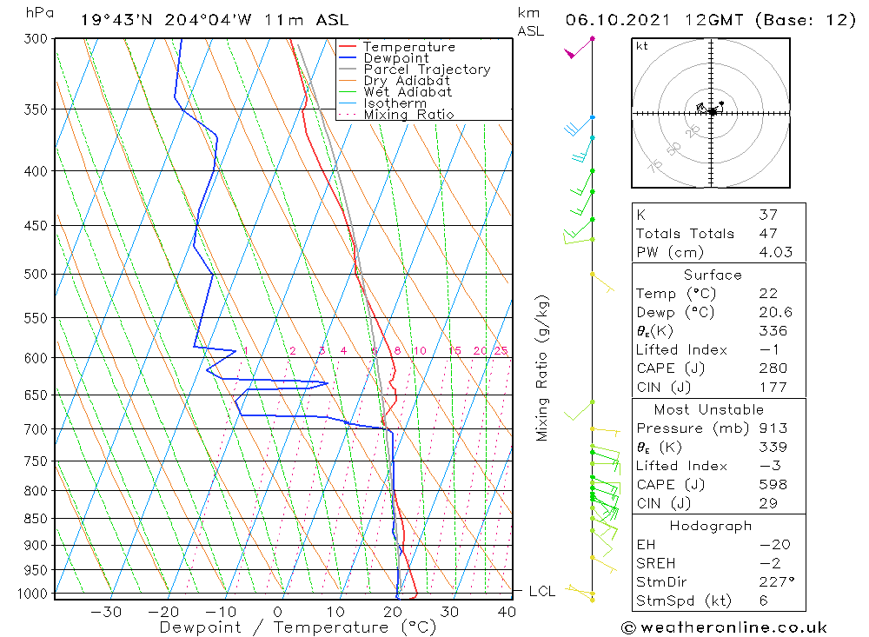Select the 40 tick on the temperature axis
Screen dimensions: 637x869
coord(506,612)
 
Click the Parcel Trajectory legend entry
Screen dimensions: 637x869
coord(426,70)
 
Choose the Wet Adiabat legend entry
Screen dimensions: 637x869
coord(407,92)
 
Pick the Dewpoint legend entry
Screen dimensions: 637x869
coord(395,58)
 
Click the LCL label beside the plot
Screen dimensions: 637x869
coord(541,592)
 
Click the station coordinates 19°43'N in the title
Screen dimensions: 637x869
coord(113,20)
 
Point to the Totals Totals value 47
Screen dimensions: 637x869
coord(767,234)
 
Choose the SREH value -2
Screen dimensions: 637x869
coord(767,563)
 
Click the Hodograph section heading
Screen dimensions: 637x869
coord(712,526)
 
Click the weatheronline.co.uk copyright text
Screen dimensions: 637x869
coord(724,627)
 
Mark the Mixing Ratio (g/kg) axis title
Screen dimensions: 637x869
coord(543,368)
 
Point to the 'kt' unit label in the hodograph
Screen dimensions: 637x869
coord(642,46)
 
